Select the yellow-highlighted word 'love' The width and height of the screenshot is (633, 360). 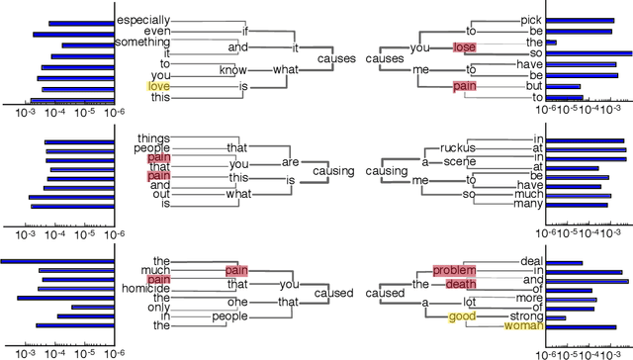tap(158, 86)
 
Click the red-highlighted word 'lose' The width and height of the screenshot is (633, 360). tap(464, 47)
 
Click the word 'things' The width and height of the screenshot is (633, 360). tap(153, 136)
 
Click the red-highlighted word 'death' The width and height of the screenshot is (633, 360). tap(461, 281)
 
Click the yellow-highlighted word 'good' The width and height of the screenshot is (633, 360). tap(461, 316)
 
